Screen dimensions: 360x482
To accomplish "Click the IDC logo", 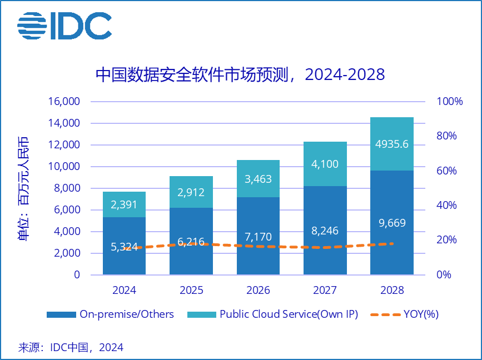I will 64,26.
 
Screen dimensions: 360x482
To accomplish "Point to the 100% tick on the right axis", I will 450,102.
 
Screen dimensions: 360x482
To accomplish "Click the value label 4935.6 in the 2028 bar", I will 391,144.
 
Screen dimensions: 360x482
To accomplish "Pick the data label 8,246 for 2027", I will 325,230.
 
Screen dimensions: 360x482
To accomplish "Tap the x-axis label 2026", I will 258,290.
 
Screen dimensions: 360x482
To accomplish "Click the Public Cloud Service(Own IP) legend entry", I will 272,314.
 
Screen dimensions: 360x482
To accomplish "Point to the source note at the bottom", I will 71,348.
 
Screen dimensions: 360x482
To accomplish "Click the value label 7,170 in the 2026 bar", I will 258,237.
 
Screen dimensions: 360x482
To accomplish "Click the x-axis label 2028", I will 391,290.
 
